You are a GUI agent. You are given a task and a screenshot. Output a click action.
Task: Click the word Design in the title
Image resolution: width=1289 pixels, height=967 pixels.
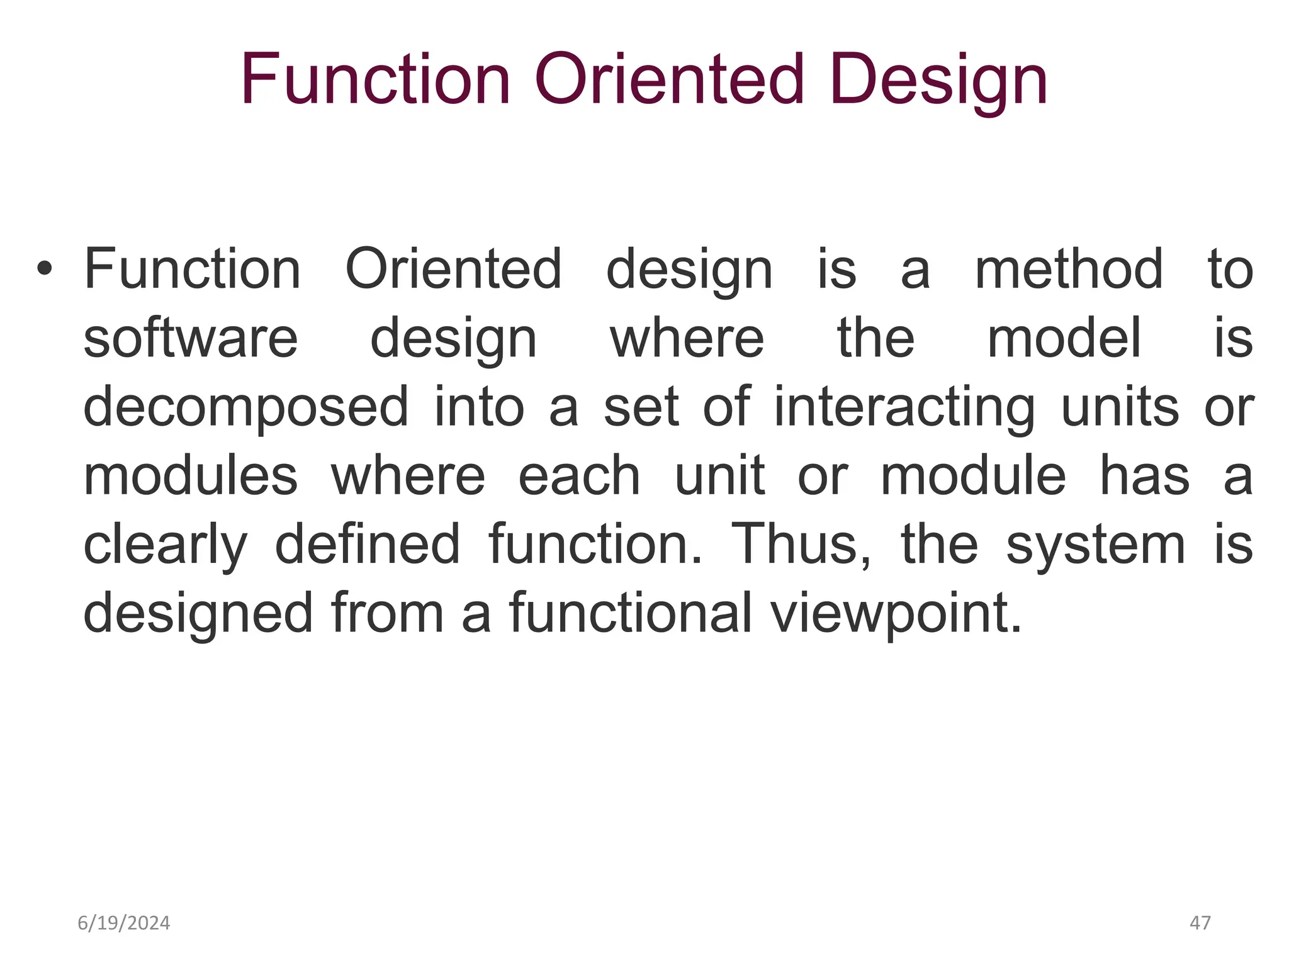(938, 81)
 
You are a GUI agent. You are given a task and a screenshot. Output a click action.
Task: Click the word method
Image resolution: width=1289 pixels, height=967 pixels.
(1069, 269)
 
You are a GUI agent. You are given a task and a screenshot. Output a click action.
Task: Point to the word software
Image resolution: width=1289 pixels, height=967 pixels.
(190, 339)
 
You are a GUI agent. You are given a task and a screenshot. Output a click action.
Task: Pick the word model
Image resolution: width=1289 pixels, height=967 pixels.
(1064, 339)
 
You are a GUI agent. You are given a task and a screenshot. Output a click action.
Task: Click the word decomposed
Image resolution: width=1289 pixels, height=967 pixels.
(245, 408)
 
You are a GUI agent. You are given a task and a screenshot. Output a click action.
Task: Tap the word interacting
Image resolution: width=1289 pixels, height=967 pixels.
(904, 408)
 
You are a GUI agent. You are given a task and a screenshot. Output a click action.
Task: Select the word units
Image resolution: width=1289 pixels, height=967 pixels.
(1120, 407)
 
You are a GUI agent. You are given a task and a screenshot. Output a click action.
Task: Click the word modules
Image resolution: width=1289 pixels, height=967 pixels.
(190, 477)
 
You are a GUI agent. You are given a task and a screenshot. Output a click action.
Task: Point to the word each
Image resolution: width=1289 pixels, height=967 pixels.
(579, 477)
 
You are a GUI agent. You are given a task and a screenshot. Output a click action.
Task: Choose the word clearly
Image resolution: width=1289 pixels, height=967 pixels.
(165, 545)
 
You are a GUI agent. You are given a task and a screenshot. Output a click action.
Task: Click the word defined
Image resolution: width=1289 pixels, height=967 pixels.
(368, 545)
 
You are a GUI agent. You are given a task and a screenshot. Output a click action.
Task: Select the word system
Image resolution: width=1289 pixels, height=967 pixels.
(1095, 545)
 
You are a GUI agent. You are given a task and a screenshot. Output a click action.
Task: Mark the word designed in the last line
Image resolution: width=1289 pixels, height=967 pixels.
(198, 614)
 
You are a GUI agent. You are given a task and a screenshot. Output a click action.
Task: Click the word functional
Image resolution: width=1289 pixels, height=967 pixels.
(630, 613)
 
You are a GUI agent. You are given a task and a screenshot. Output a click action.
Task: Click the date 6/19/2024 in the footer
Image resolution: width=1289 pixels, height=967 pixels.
(123, 924)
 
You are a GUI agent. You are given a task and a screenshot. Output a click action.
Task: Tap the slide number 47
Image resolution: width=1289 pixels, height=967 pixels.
(1200, 923)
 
